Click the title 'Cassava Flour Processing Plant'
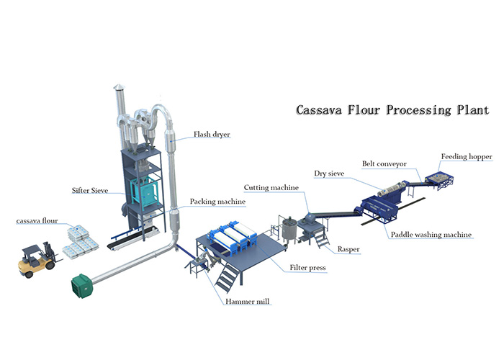click(392, 112)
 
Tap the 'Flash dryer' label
click(212, 134)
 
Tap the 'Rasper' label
click(348, 249)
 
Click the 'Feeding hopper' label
click(463, 156)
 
